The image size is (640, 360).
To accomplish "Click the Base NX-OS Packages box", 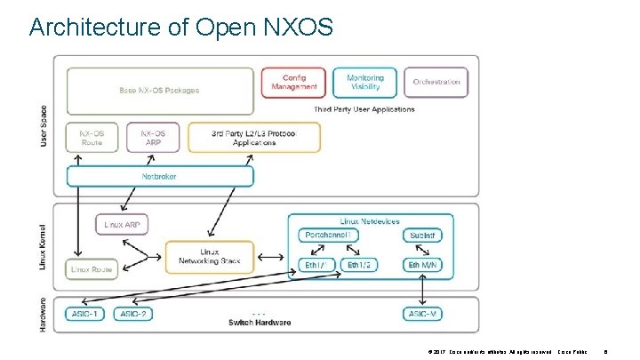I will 159,90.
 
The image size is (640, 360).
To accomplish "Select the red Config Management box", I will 293,83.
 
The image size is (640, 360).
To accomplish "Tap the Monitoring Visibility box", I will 364,83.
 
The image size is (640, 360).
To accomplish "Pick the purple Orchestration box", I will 436,83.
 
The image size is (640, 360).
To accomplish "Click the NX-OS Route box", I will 91,137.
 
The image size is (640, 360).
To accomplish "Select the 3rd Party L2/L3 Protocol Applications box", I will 253,137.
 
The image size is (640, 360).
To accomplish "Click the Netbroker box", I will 160,176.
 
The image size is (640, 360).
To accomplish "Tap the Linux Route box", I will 91,268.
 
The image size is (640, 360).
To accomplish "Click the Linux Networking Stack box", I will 209,257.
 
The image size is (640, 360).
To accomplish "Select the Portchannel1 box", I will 330,235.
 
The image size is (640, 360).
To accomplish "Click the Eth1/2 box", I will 359,265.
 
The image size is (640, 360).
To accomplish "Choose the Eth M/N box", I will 422,265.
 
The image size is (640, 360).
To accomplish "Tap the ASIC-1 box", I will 84,314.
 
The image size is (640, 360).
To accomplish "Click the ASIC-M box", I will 422,314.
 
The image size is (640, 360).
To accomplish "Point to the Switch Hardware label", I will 260,323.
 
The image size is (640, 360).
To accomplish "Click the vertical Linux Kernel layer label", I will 44,242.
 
